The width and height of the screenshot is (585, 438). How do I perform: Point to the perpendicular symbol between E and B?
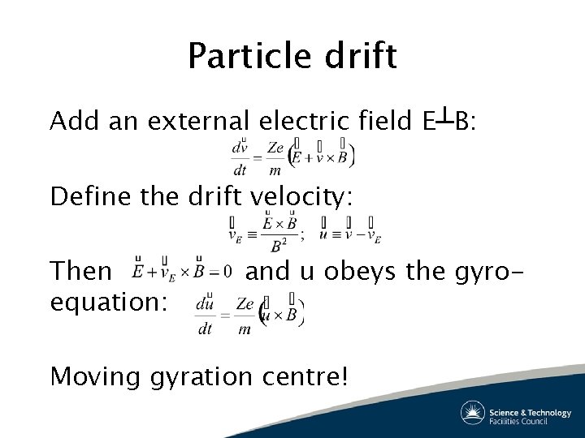click(444, 120)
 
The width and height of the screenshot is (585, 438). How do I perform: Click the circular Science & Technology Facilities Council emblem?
click(473, 412)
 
